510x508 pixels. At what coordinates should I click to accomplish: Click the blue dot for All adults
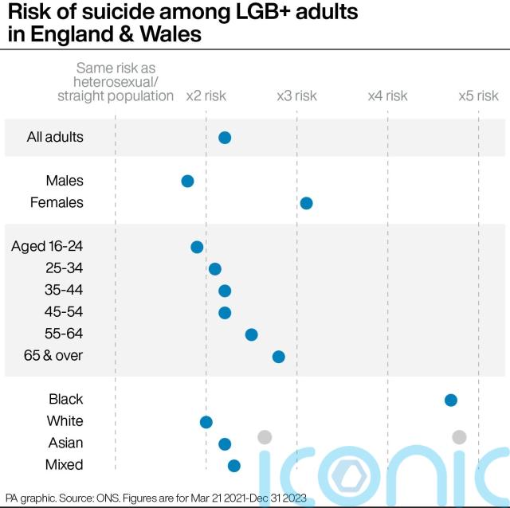coord(225,138)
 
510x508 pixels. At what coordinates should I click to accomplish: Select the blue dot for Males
coord(187,182)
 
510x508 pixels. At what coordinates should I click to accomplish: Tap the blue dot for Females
coord(306,203)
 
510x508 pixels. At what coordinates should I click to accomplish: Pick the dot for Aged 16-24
coord(197,247)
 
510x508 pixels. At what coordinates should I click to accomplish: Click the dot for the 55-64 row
coord(251,334)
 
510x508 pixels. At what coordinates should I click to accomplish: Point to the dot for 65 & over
coord(278,356)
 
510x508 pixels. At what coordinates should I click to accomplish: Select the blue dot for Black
coord(450,400)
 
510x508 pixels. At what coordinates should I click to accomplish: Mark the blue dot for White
coord(206,421)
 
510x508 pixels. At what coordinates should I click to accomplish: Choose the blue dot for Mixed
coord(233,465)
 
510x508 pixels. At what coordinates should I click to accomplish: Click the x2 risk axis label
coord(206,96)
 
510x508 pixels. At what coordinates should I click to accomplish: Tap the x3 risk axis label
coord(296,96)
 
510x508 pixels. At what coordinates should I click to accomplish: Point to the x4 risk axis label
coord(387,96)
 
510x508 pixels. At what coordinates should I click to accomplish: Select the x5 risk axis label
coord(478,96)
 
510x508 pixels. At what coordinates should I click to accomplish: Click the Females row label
coord(57,203)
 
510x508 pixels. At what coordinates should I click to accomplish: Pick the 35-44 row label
coord(63,290)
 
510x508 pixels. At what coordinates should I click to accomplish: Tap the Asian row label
coord(65,443)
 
